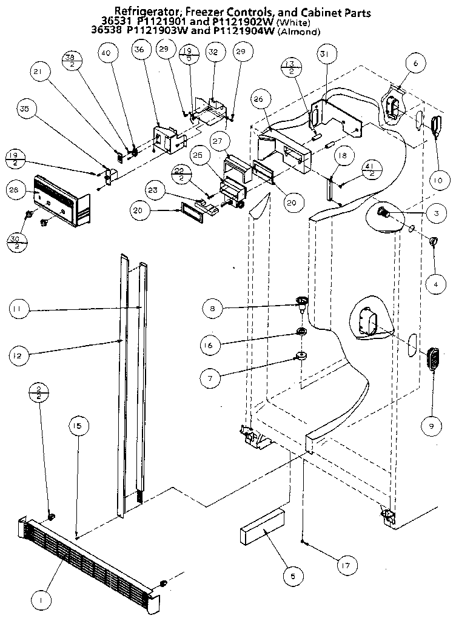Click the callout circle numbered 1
coord(41,601)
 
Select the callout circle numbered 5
coord(292,576)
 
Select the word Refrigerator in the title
coord(146,12)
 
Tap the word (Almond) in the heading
coord(298,32)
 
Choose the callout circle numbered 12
coord(18,355)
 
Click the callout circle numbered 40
coord(106,53)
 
